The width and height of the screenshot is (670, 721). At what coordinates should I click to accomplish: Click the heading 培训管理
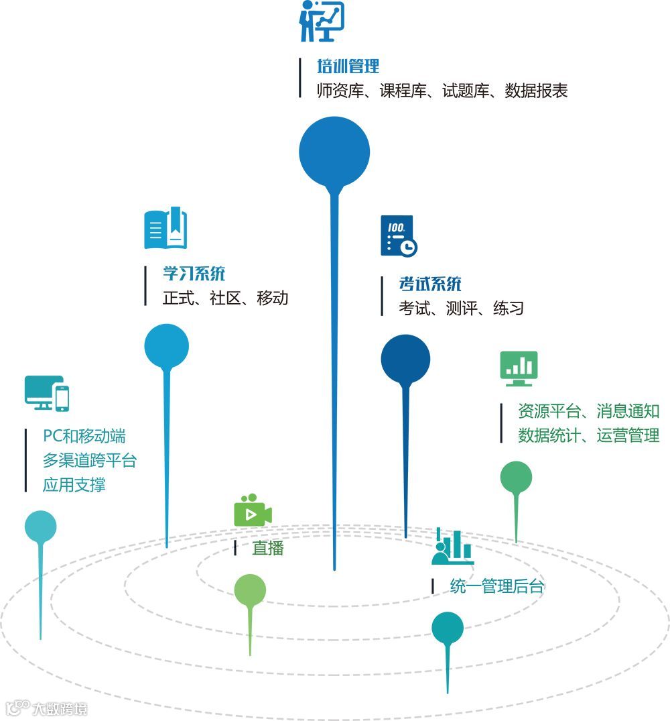(x=348, y=66)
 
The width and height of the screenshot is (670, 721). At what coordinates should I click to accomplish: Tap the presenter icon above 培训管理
(x=322, y=21)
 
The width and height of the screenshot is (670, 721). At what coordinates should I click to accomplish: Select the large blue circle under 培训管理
(x=334, y=152)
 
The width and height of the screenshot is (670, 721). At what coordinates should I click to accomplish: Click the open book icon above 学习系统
(x=165, y=229)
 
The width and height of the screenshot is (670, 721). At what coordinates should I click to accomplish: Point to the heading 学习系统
(x=194, y=274)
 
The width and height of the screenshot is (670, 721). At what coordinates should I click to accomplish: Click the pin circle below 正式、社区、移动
(x=167, y=346)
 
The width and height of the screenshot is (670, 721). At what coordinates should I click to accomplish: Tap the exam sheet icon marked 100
(x=399, y=235)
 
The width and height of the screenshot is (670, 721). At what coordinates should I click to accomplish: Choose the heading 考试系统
(x=430, y=284)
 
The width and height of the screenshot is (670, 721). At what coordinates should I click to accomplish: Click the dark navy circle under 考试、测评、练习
(x=405, y=359)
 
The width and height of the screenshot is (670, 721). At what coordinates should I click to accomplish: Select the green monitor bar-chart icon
(x=519, y=368)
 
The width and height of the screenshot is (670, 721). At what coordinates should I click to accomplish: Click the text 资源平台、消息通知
(x=589, y=410)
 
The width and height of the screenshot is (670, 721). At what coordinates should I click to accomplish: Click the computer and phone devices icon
(x=47, y=393)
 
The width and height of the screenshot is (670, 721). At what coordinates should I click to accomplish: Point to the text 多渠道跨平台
(x=89, y=460)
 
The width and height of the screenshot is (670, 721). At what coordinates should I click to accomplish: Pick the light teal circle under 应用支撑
(x=40, y=527)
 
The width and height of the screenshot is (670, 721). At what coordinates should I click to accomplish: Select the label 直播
(x=268, y=548)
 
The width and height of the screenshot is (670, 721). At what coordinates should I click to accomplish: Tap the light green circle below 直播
(x=250, y=590)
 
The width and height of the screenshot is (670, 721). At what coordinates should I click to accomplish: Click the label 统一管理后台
(x=496, y=587)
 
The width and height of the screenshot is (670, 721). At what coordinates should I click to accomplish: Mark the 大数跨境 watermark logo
(x=46, y=708)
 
